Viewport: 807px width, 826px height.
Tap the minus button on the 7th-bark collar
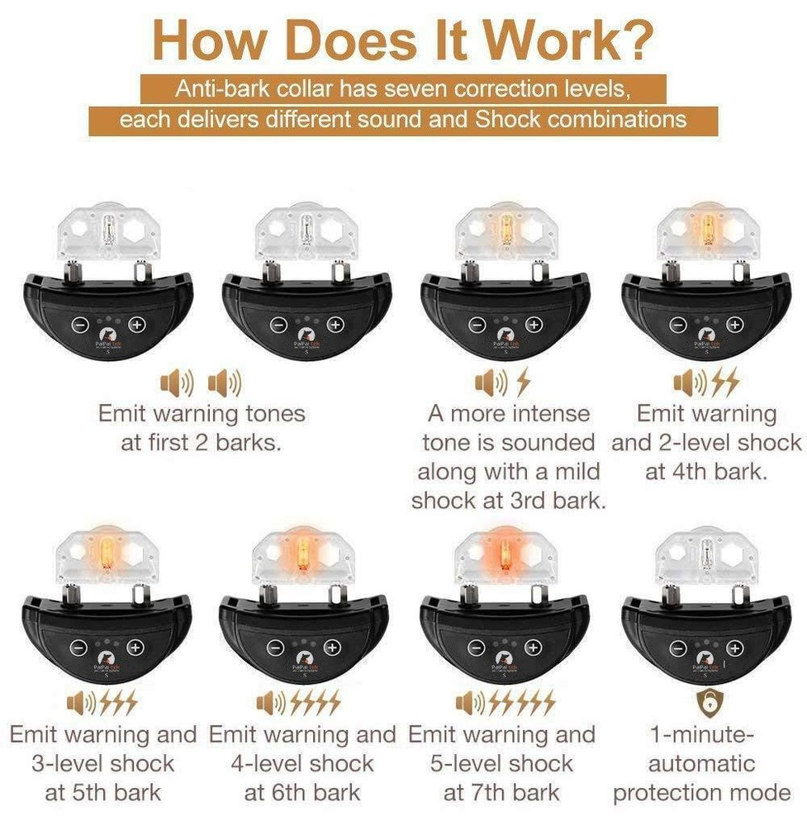click(x=477, y=648)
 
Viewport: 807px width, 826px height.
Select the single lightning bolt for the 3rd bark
click(x=524, y=382)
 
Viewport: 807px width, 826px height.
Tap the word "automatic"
click(x=702, y=764)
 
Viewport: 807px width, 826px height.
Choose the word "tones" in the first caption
click(x=271, y=413)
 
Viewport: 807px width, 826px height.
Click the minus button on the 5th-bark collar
click(x=78, y=648)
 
